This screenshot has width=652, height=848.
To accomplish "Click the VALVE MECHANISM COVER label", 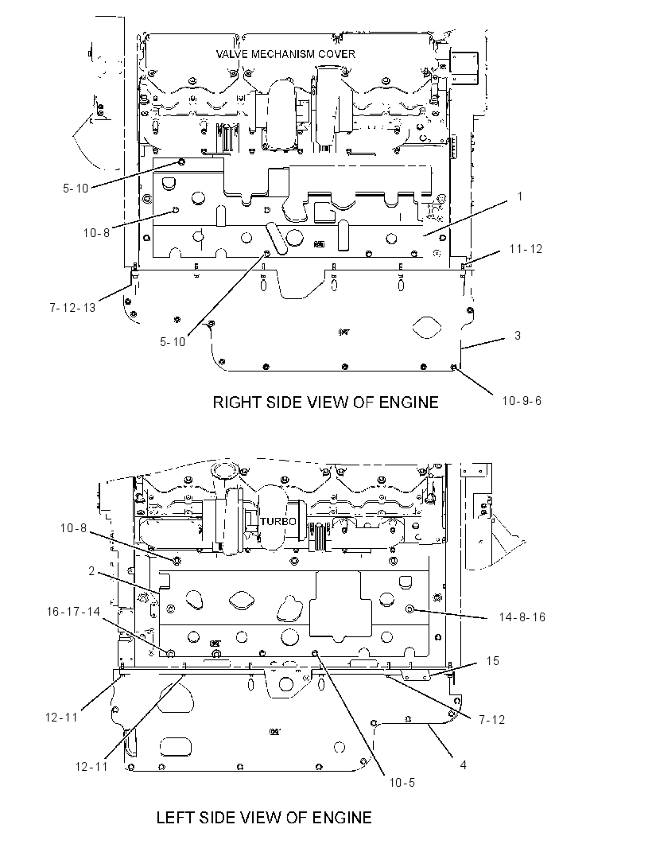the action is pos(285,54).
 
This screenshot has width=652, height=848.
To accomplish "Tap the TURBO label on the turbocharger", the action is pos(277,521).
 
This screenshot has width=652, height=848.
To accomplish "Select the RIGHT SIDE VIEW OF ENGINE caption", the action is pos(325,403).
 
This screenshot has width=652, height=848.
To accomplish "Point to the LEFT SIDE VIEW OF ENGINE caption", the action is pos(264,817).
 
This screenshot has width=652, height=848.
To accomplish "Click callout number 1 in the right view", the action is pos(520,196).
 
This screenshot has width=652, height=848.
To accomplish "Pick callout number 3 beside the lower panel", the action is pos(518,336).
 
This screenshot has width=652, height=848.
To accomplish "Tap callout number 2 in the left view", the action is pos(92,571).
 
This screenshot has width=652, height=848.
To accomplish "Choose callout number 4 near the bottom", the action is pos(463,764).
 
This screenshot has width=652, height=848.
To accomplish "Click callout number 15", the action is pos(492,661).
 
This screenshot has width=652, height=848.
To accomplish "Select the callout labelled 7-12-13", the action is pos(72,308).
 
